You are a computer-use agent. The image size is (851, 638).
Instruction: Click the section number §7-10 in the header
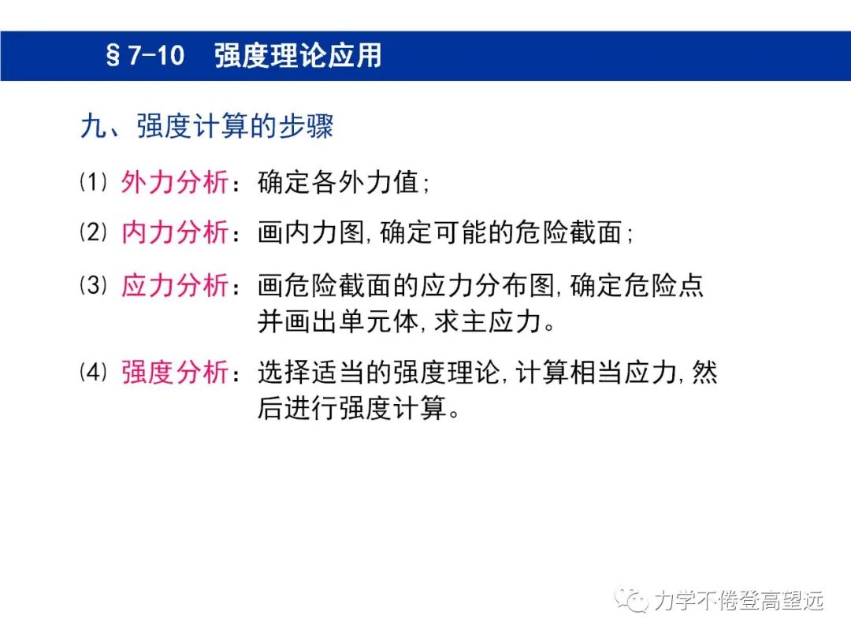pos(145,57)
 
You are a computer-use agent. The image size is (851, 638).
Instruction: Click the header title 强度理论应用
pos(298,57)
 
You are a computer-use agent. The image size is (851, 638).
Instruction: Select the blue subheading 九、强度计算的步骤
pos(206,127)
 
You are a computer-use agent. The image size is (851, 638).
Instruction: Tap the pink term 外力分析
pos(174,183)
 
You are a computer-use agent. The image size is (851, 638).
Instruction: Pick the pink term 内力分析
pos(174,232)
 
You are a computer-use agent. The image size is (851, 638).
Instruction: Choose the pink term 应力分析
pos(174,286)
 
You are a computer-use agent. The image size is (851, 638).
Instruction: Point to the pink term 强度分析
pos(174,373)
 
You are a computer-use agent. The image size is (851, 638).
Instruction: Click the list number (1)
pos(93,183)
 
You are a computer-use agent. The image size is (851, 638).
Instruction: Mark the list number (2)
pos(93,232)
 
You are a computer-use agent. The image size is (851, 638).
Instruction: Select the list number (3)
pos(93,286)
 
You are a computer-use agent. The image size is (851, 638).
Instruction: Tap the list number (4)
pos(93,373)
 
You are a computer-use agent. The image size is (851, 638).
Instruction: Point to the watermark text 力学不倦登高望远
pos(738,601)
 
